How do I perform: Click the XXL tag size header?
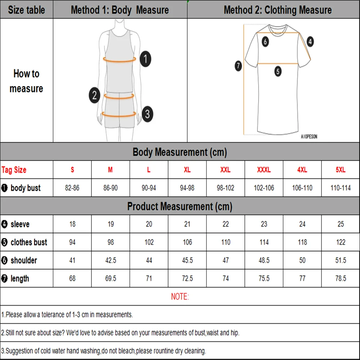(x=225, y=170)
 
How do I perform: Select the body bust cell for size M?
(x=111, y=188)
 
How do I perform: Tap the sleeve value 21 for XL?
(x=187, y=224)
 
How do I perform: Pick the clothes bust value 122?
(x=341, y=242)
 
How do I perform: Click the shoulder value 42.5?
(x=111, y=260)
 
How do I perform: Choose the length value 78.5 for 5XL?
(x=341, y=279)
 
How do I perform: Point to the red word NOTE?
(x=180, y=297)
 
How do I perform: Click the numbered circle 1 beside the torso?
(x=145, y=59)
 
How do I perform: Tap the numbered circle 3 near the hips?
(x=147, y=114)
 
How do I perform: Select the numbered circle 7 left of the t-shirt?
(x=238, y=66)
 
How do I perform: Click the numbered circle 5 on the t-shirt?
(x=278, y=71)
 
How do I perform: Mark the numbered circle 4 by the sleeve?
(x=310, y=41)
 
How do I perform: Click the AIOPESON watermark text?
(x=309, y=137)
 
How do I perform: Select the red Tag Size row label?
(x=14, y=170)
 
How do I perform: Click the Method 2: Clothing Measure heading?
(x=278, y=10)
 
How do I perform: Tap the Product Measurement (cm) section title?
(x=180, y=207)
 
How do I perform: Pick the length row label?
(x=20, y=279)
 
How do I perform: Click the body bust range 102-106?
(x=264, y=188)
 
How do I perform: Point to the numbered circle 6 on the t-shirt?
(x=265, y=42)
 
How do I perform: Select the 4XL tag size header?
(x=302, y=170)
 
